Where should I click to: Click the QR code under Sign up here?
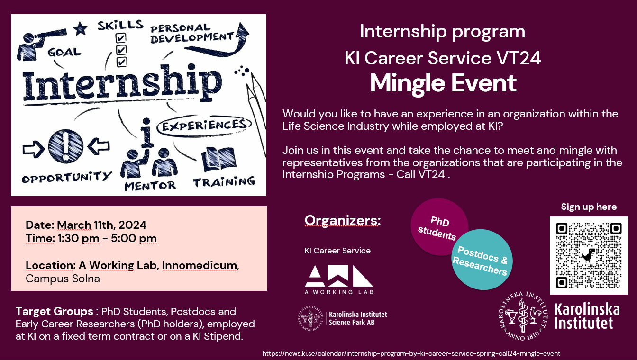589,255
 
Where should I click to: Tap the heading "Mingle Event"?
443,83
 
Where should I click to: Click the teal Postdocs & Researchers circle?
482,260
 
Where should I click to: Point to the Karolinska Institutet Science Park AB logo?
342,318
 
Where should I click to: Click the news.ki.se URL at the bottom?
411,354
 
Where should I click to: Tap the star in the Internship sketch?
80,29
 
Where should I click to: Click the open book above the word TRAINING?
218,159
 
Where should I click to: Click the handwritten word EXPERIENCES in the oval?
204,125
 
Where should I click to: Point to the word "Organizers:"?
343,220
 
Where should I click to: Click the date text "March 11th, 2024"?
101,225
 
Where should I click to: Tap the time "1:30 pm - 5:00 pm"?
107,238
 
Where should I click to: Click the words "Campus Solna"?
63,279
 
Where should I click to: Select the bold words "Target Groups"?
55,311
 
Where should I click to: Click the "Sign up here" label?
589,207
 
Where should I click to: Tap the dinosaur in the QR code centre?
589,255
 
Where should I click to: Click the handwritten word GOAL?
64,52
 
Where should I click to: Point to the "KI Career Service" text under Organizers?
337,251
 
